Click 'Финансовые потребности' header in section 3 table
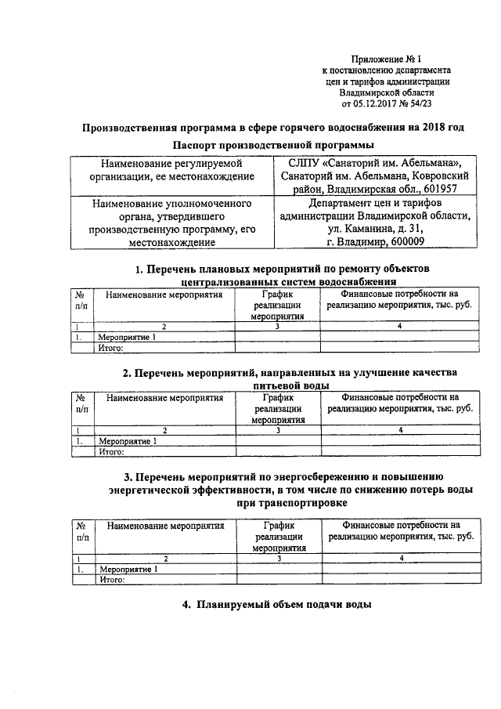[400, 531]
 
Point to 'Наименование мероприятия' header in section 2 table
[164, 397]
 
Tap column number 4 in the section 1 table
[400, 326]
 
